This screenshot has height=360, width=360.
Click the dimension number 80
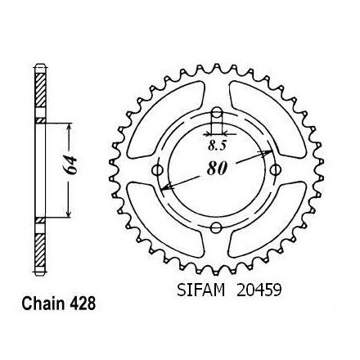[x=217, y=169]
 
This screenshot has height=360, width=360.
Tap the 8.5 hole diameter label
[x=218, y=146]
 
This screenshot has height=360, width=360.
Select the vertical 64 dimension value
[x=70, y=165]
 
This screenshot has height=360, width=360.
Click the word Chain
[x=43, y=304]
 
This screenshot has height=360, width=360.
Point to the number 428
[x=82, y=304]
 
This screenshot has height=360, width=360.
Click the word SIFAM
[x=201, y=290]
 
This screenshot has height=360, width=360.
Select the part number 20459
[x=259, y=290]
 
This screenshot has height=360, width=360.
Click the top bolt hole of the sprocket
[x=217, y=112]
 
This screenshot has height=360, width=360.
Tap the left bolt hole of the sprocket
[x=157, y=170]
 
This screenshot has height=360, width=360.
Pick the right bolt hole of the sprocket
[x=276, y=170]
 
